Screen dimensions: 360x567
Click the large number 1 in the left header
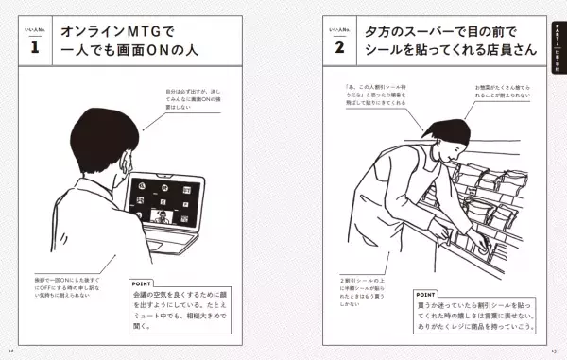click(34, 46)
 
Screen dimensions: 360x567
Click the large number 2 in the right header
click(337, 46)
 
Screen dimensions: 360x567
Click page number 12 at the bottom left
click(10, 352)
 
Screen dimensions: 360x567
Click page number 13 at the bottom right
click(557, 352)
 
